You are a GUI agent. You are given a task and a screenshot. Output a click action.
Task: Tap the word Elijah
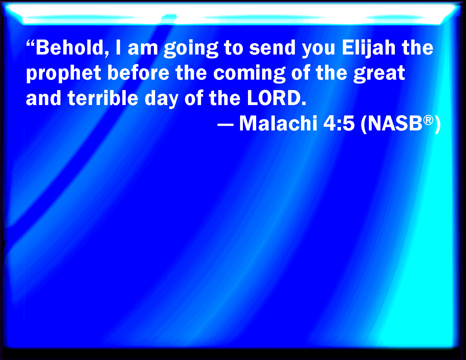(369, 48)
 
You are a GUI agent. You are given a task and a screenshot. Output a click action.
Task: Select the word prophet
(64, 73)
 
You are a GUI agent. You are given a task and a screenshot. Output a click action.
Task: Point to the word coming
(249, 73)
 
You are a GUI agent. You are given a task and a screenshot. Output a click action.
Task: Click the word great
(379, 73)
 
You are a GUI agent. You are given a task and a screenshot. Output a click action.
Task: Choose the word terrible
(103, 99)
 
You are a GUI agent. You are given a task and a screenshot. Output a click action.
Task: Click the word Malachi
(278, 123)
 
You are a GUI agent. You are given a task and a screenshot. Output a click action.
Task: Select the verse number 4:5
(339, 124)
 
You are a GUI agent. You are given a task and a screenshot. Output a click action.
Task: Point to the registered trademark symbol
(428, 120)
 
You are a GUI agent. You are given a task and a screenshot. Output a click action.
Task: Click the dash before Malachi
(225, 125)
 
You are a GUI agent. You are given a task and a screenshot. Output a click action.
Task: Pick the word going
(191, 49)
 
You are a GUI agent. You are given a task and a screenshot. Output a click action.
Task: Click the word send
(272, 48)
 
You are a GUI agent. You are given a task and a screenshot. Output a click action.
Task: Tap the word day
(161, 99)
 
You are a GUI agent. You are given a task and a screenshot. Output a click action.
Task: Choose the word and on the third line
(43, 99)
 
